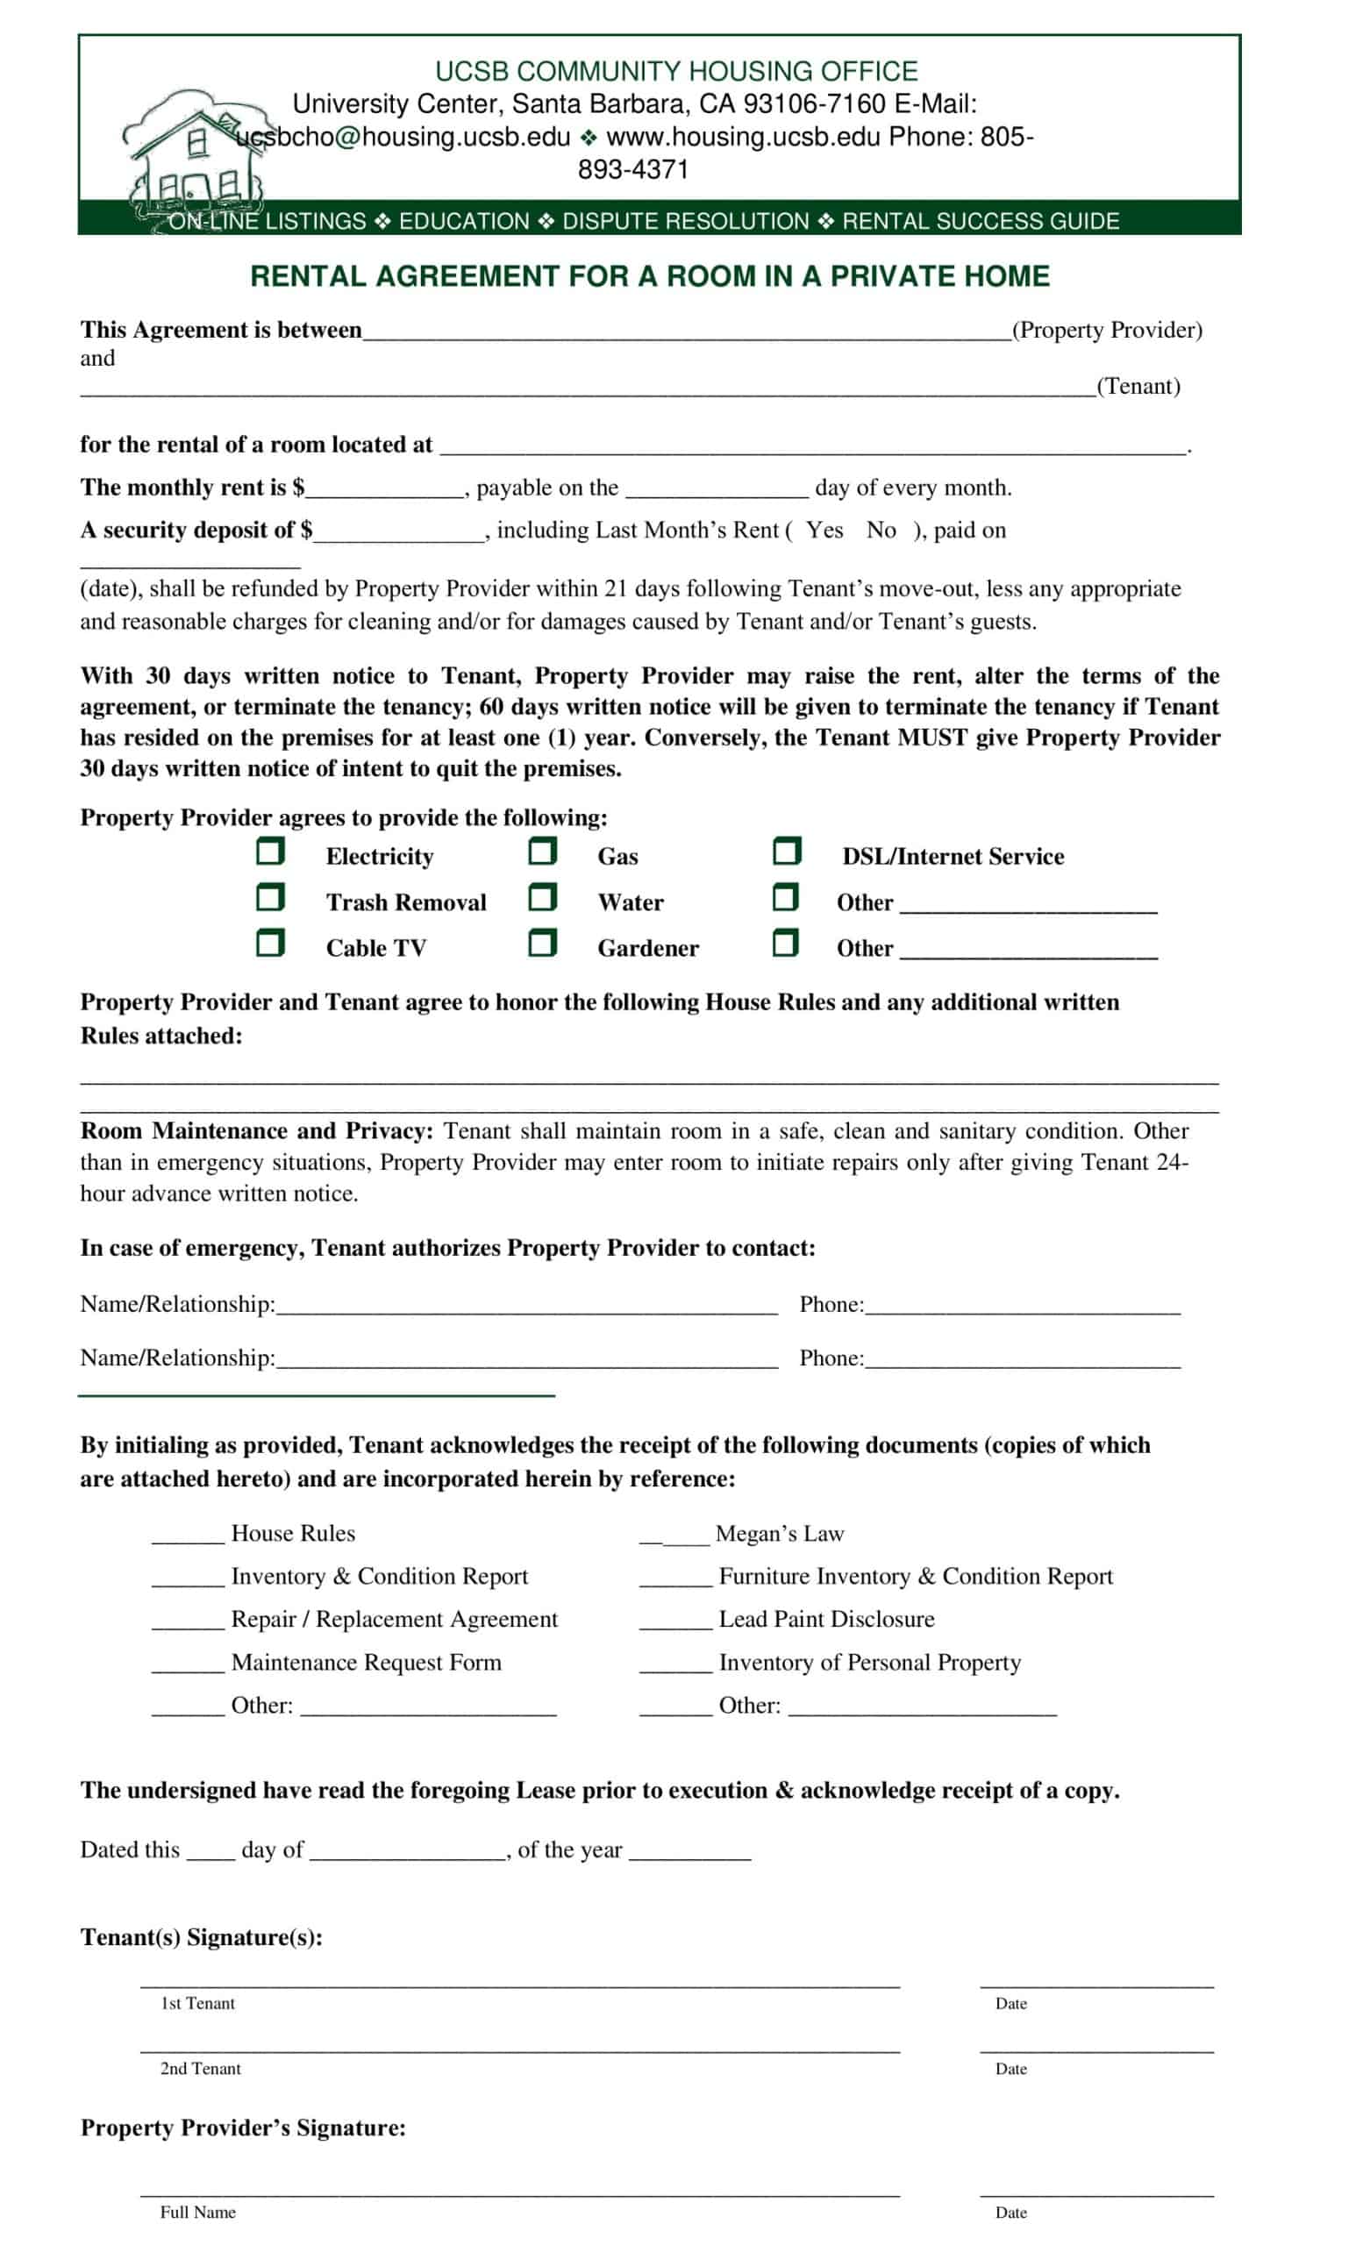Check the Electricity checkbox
269,852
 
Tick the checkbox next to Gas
542,852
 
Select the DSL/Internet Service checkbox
786,852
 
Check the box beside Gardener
542,943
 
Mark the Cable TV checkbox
269,943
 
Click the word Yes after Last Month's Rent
824,531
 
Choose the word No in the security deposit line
881,531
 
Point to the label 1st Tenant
197,2004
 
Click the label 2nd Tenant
201,2068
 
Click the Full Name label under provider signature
197,2213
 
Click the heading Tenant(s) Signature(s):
202,1937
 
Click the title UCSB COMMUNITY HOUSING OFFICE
676,71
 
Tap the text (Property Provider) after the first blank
1107,330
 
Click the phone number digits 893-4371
633,169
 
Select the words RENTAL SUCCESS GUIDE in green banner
981,221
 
